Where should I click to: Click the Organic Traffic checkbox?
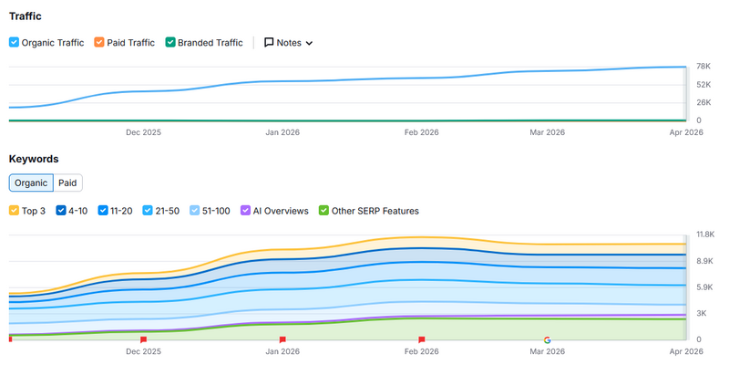pos(14,42)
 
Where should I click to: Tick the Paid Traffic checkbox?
pos(99,42)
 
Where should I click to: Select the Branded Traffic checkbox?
pos(169,42)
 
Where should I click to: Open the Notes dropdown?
pos(288,42)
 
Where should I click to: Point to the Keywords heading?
pos(34,158)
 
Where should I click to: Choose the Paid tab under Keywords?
pos(67,182)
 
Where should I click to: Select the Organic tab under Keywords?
pos(31,182)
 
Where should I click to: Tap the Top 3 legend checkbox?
pos(14,211)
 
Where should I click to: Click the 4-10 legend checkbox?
pos(61,211)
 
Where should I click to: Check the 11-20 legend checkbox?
pos(103,211)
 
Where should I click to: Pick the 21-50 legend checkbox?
pos(148,211)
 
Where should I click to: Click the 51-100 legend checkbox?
pos(195,211)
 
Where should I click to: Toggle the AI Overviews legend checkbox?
pos(245,211)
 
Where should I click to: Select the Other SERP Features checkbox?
pos(323,211)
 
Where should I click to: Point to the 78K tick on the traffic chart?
pos(703,67)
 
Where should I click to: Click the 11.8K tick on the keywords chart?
pos(705,235)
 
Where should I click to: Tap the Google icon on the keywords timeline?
pos(547,339)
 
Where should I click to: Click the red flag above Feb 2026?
pos(421,339)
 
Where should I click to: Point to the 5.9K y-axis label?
pos(703,287)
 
